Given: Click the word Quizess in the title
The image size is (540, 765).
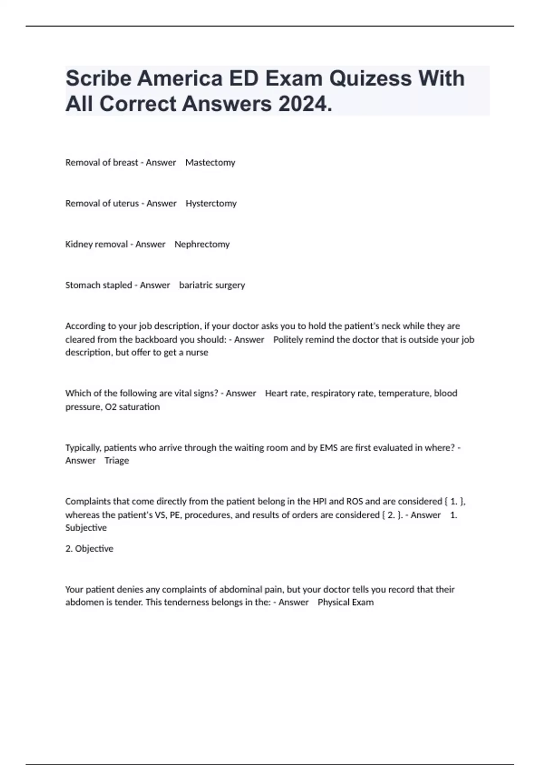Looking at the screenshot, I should point(370,78).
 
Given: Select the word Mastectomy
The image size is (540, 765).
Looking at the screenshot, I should point(210,162).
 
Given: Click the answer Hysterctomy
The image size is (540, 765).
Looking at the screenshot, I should point(211,203).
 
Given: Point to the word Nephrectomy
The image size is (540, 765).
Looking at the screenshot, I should point(202,244).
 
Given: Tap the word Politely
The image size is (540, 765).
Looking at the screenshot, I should point(289,340).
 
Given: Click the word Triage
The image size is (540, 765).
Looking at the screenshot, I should point(117,460).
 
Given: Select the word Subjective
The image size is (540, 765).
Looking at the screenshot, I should point(86,527).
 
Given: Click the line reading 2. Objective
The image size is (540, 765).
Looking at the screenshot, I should point(89,549).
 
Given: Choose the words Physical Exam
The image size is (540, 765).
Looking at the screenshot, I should point(346,602).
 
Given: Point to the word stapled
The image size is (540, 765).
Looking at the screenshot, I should point(115,285).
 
